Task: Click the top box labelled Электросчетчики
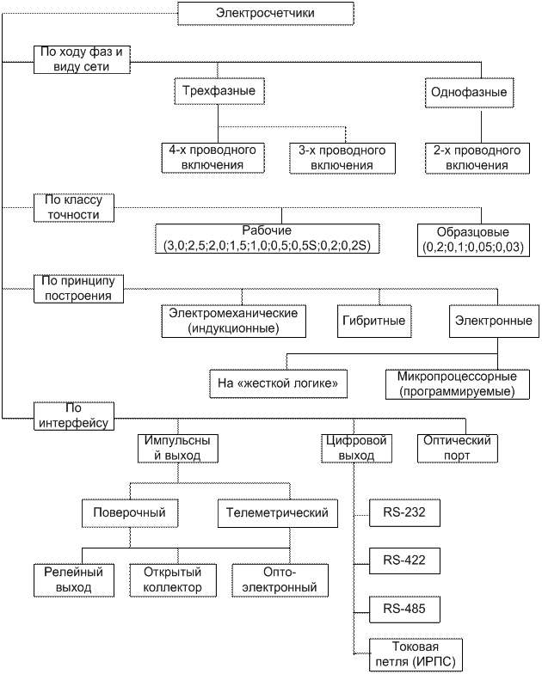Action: coord(265,13)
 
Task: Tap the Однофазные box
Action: coord(466,91)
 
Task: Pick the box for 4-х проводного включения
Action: coord(205,157)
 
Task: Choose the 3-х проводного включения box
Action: coord(341,157)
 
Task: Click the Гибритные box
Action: coord(373,320)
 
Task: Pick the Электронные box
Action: coord(492,320)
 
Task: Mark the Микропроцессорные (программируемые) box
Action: coord(457,383)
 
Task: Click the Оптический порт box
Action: coord(458,447)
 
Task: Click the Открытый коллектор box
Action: coord(166,579)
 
